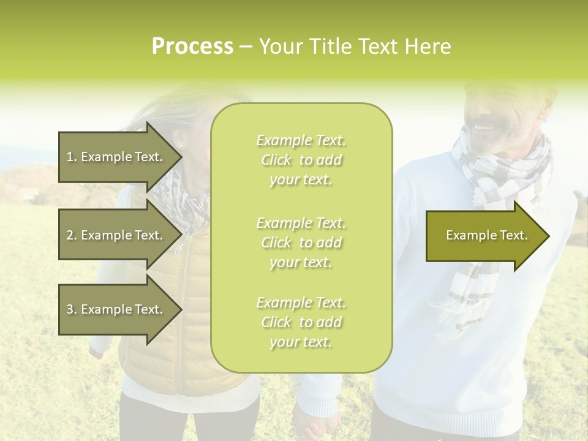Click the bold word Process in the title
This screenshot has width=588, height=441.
tap(192, 47)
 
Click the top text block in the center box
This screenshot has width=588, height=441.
tap(301, 160)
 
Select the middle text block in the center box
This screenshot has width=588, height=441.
tap(301, 242)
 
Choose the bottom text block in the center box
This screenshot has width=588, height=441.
tap(301, 322)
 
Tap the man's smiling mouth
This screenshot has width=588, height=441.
tap(484, 128)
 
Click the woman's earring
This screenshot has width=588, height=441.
tap(180, 145)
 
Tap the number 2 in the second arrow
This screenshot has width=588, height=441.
tap(70, 235)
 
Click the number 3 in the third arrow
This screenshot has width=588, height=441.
tap(70, 309)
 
